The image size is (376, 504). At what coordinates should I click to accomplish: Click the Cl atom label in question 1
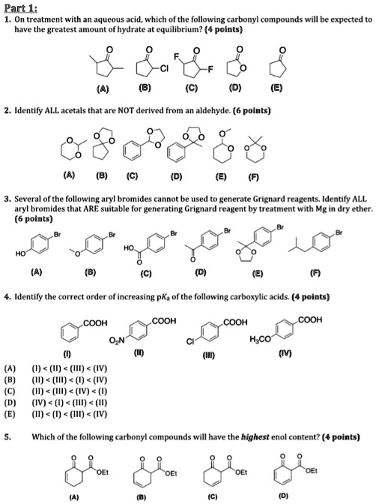click(164, 68)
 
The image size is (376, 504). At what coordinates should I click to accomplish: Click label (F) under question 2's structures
click(254, 177)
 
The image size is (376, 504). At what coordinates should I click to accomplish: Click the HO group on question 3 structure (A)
click(20, 254)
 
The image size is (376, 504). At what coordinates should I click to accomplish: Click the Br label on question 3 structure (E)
click(280, 227)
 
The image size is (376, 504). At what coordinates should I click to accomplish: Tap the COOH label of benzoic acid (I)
click(95, 323)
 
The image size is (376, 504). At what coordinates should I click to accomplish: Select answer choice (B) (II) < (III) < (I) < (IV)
click(56, 380)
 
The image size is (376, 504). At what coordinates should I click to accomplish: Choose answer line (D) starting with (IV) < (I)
click(56, 403)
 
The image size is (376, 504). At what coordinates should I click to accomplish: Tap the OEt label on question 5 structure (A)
click(103, 472)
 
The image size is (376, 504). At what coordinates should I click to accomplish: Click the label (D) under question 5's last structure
click(283, 495)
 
